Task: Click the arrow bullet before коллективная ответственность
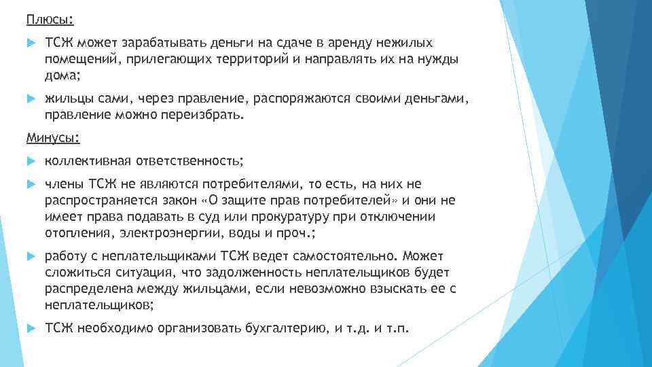(30, 161)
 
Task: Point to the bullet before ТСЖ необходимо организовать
(30, 329)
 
